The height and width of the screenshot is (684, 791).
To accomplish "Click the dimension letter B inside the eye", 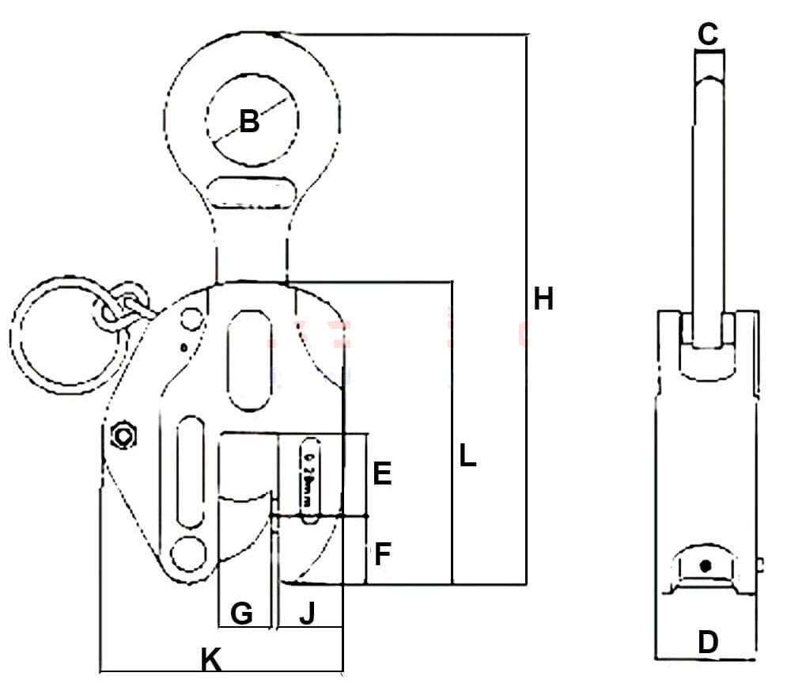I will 249,122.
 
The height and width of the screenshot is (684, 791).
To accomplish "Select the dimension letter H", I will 543,299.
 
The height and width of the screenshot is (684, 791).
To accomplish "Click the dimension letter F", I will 382,554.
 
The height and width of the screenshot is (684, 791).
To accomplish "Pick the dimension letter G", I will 241,613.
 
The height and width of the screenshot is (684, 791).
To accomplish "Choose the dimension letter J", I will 308,613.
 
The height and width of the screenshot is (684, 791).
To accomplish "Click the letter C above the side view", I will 708,33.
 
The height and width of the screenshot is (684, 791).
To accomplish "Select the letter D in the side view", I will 708,642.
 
